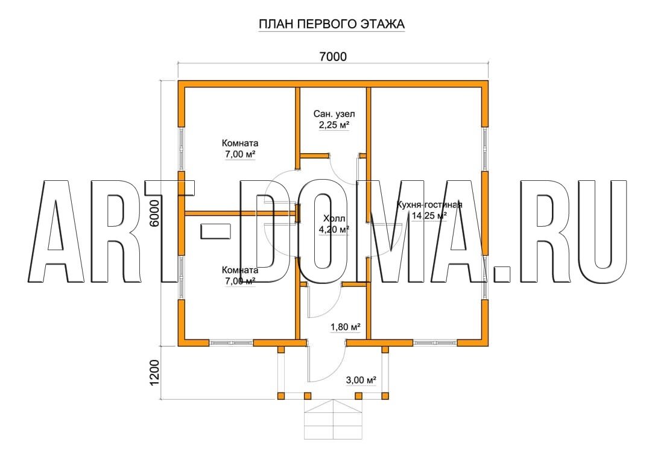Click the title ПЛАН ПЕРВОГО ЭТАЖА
[332, 24]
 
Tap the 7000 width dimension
[333, 56]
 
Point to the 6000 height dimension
[154, 213]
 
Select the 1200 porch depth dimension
[154, 373]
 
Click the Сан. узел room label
[334, 113]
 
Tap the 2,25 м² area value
[334, 124]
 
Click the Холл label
[334, 218]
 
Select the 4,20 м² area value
[334, 229]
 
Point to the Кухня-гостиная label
[429, 204]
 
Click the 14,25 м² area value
[429, 215]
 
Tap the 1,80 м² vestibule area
[346, 327]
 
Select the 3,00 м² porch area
[361, 380]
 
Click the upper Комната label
[240, 143]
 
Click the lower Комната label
[240, 270]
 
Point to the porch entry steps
[333, 419]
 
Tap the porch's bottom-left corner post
[281, 396]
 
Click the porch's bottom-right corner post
[385, 396]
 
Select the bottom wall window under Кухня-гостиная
[435, 343]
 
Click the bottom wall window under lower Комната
[231, 343]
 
